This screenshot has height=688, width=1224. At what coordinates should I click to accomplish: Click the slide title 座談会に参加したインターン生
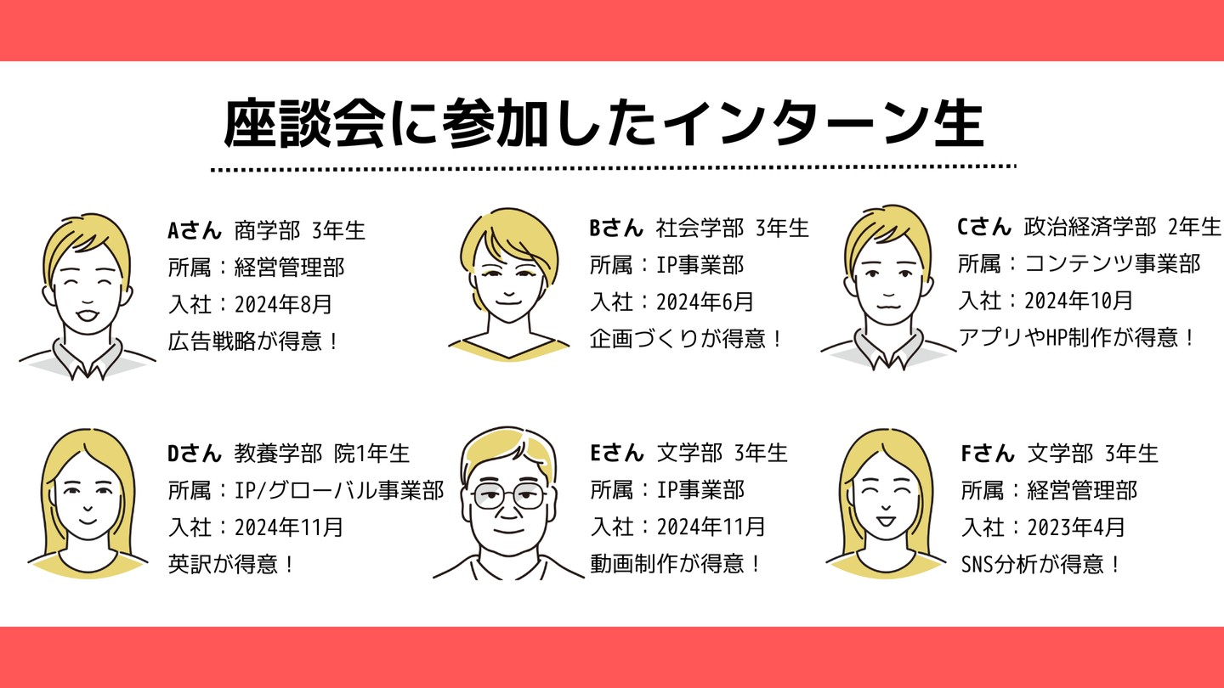coord(603,125)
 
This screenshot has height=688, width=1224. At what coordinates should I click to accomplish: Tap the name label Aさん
coord(195,230)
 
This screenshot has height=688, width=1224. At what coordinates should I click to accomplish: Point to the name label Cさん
coord(984,227)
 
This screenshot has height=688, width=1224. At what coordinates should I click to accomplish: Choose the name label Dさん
coord(195,454)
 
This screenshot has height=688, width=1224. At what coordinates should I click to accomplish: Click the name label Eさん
coord(616,453)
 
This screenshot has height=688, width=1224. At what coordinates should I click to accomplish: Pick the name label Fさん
coord(987,454)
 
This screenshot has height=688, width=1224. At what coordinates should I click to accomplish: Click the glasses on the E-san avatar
coord(508,498)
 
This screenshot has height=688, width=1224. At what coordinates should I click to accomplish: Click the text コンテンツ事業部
coord(1113,264)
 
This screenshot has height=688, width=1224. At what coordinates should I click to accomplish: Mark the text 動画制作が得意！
coord(677,563)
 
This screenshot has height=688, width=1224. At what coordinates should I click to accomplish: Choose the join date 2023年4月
coord(1076,527)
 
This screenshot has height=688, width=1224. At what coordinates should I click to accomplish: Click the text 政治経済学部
coord(1090,227)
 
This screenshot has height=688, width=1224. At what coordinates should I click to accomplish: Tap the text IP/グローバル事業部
coord(338,491)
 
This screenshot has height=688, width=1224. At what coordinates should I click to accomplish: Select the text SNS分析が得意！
coord(1042,563)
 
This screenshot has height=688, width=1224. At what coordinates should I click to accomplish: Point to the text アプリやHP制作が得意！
coord(1078,338)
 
